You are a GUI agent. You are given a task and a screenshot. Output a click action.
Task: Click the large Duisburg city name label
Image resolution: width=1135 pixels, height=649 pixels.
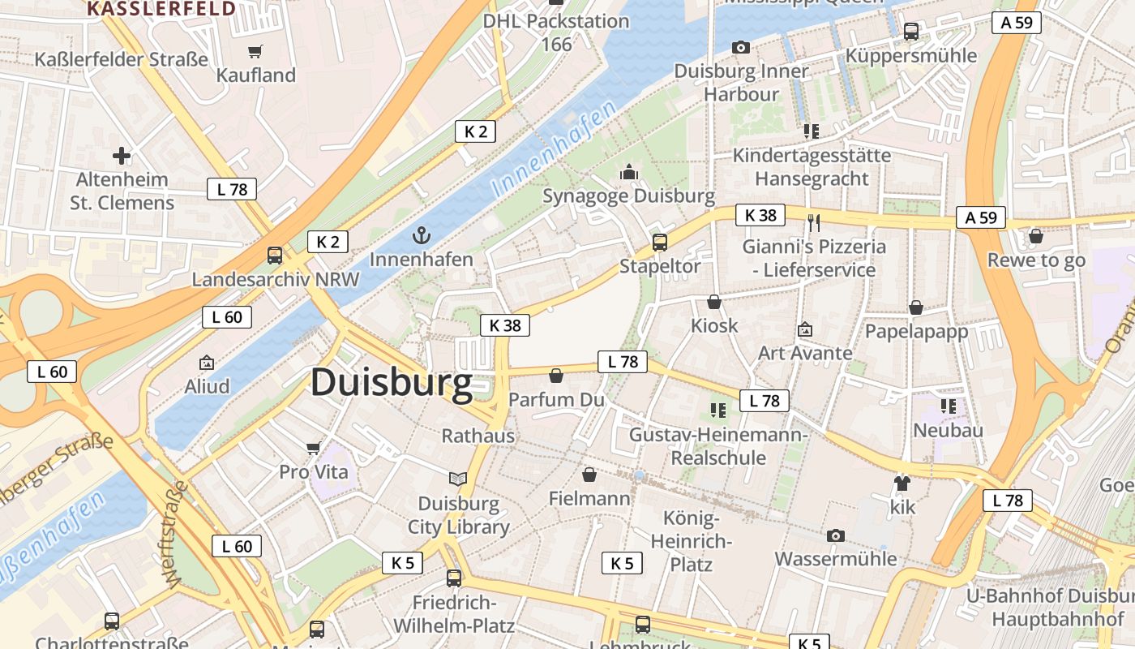pos(391,382)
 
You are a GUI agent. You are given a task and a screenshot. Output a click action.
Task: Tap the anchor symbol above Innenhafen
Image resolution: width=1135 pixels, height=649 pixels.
pos(421,236)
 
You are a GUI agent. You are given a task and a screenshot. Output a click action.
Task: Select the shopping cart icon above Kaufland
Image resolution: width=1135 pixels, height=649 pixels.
pos(255,52)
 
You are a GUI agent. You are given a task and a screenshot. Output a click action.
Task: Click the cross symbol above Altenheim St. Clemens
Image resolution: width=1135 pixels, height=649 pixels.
pos(122,155)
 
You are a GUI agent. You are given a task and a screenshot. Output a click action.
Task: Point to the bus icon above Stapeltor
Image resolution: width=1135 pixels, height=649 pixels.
pos(660,242)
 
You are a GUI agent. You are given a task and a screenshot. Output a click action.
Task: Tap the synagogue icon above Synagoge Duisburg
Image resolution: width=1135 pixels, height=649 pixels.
pos(629,172)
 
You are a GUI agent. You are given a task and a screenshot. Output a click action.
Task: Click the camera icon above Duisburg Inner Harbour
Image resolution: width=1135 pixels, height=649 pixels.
pos(741,48)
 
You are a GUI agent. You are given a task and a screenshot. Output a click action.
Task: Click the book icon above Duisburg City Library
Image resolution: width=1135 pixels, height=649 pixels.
pos(458,479)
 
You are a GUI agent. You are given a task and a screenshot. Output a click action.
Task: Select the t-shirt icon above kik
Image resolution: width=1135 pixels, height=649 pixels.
pos(902,484)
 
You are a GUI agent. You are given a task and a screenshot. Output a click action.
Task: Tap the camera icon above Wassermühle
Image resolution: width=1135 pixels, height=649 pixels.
pos(836,535)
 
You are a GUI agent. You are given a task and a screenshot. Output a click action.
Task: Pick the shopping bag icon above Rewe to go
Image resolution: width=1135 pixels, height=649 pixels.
pos(1035,236)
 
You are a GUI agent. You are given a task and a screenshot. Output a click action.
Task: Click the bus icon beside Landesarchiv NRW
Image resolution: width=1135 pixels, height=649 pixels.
pos(275,256)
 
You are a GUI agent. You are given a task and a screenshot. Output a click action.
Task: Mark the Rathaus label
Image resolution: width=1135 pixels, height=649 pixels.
pos(478,436)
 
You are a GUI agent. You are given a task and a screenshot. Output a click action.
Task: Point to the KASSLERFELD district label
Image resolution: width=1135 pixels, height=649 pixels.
pos(161,9)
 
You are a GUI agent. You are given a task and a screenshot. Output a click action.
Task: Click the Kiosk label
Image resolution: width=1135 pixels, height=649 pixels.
pos(714,325)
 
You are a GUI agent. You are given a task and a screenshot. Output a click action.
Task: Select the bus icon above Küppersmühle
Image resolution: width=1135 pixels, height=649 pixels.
pos(911,32)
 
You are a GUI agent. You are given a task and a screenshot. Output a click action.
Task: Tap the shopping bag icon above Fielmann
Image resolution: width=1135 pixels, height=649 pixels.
pos(589,475)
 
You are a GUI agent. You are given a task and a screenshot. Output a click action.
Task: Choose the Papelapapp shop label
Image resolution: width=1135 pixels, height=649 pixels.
pos(916,332)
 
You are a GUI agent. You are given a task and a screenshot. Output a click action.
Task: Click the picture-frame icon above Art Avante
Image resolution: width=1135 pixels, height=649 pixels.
pos(805,329)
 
